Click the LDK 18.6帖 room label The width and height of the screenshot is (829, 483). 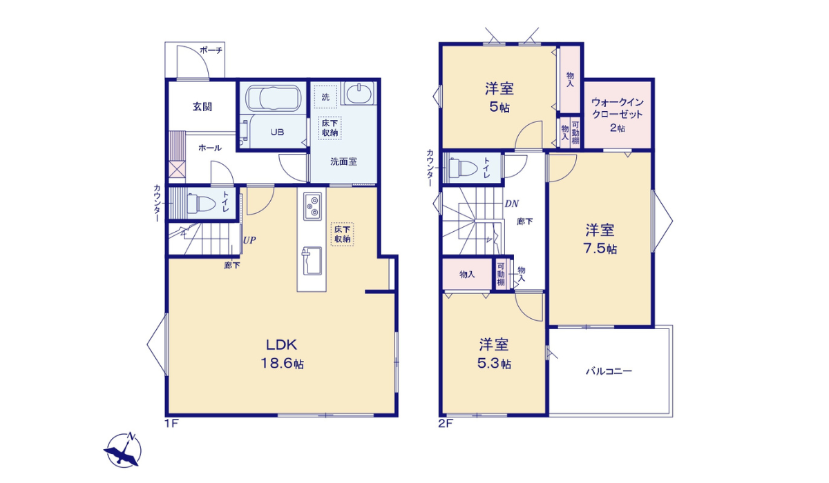[282, 354]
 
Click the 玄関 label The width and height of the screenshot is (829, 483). [202, 107]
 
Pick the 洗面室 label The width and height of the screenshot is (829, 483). [343, 161]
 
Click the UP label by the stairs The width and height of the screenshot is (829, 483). [249, 241]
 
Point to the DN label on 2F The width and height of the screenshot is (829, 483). [511, 204]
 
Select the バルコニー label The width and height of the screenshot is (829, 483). [609, 371]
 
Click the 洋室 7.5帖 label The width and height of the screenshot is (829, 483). [601, 239]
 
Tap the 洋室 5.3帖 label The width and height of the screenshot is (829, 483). [495, 353]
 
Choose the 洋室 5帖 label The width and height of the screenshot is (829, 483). [498, 97]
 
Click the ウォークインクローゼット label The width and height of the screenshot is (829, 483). [618, 113]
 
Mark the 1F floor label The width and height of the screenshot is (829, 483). [171, 424]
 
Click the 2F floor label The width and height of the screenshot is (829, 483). [445, 424]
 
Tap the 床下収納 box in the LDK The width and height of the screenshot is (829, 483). [342, 235]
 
